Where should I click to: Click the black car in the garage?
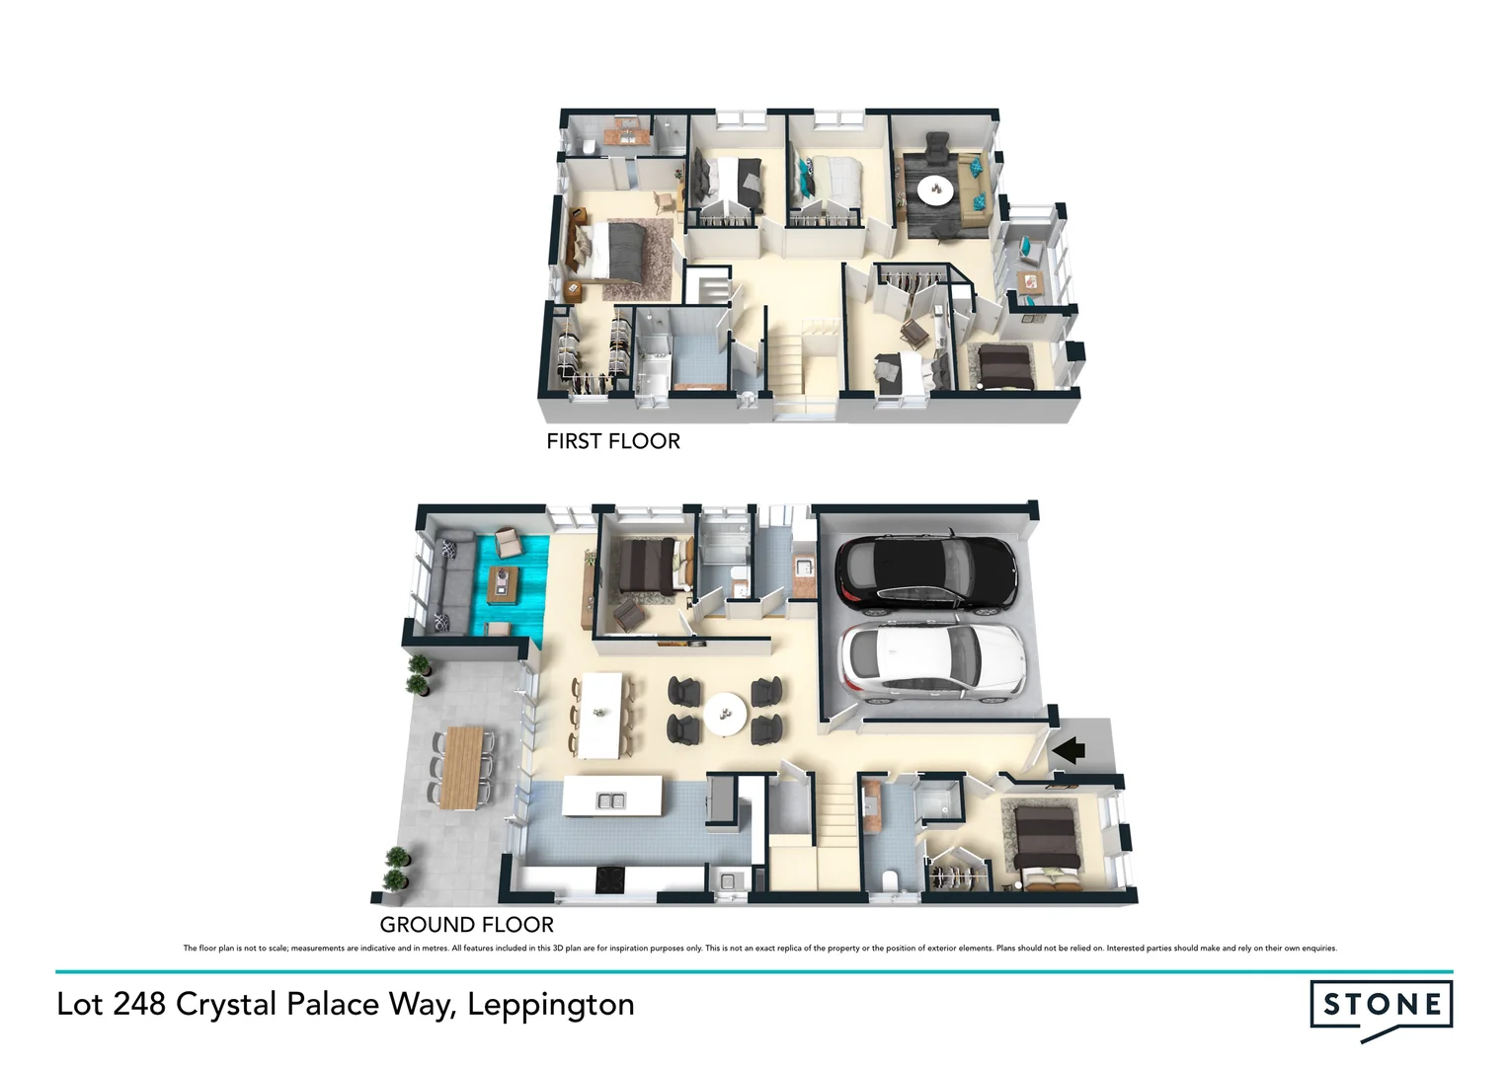(925, 573)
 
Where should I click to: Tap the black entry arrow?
(1069, 751)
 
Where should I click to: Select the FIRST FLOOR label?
(613, 441)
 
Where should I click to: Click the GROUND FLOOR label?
(466, 925)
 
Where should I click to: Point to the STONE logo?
(1381, 1006)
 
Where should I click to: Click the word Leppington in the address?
(550, 1004)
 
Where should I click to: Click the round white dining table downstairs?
(726, 712)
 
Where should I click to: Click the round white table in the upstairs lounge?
(933, 188)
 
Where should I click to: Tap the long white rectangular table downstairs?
(600, 714)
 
